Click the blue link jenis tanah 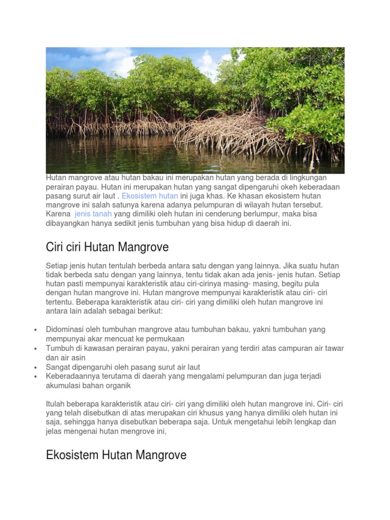[x=93, y=214]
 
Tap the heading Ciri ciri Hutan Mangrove [x=107, y=247]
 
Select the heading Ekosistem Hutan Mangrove [x=116, y=454]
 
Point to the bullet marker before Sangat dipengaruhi [x=35, y=367]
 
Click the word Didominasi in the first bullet [x=64, y=329]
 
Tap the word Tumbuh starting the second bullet [x=58, y=348]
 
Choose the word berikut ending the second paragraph [x=150, y=311]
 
